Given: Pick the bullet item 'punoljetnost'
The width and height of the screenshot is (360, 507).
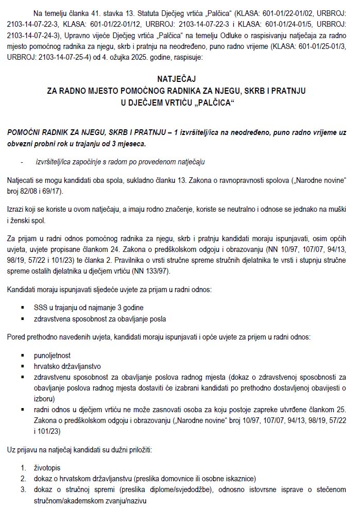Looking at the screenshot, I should click(x=52, y=356).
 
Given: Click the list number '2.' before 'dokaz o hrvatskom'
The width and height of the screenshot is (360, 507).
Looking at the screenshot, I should click(x=24, y=478).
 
